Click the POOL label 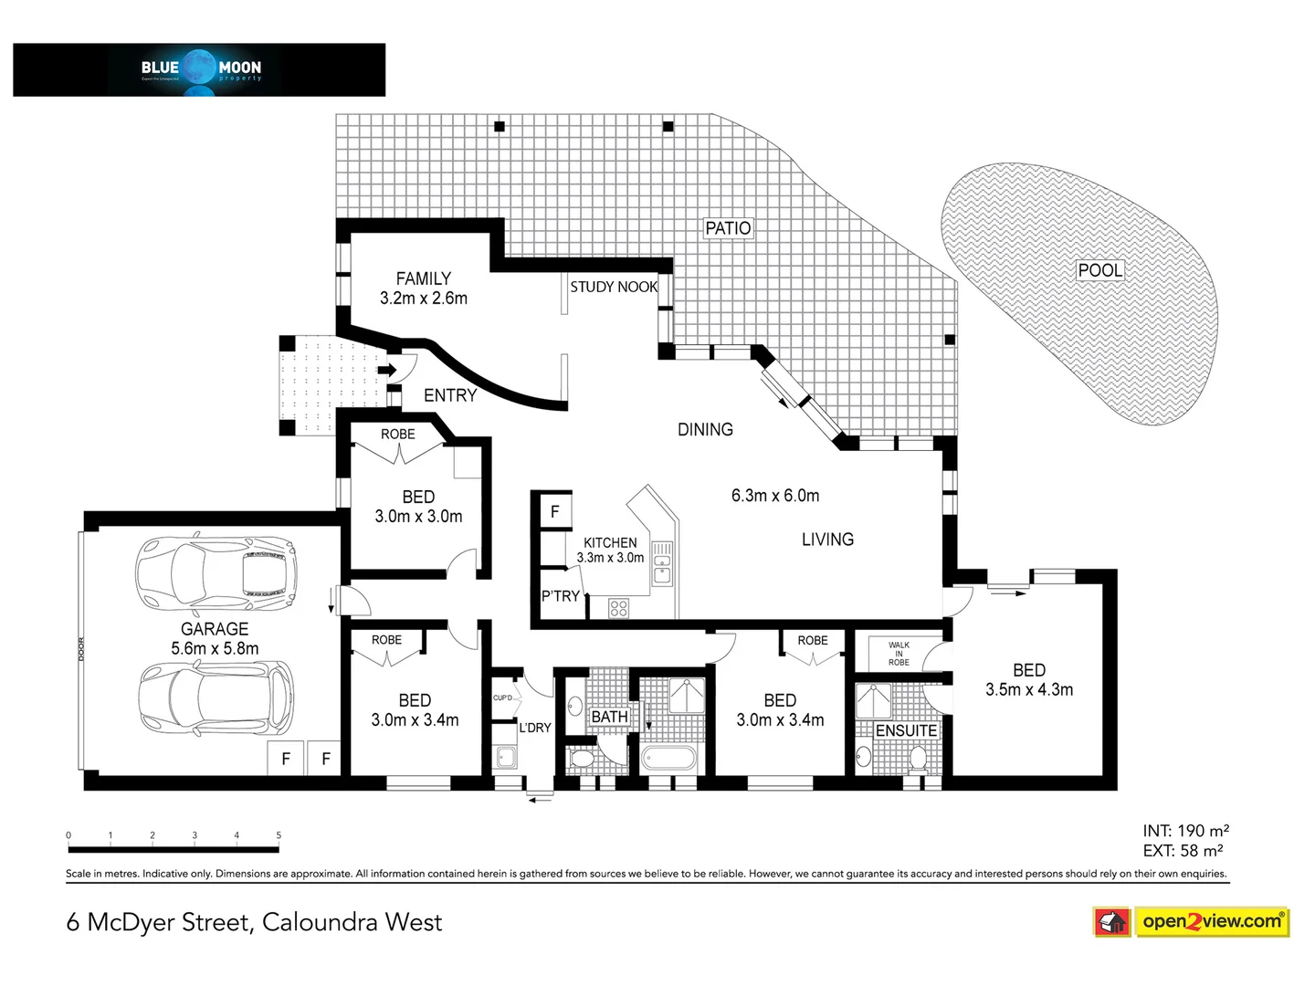[1100, 270]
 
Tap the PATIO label [728, 228]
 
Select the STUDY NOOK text [614, 287]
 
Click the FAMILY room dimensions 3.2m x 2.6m [424, 299]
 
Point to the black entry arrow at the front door [386, 370]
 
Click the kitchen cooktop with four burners [618, 607]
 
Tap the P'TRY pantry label [560, 596]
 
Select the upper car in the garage [216, 575]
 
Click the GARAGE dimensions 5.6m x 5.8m [215, 649]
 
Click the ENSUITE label [906, 730]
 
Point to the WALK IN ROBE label [899, 654]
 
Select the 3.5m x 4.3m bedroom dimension [1029, 690]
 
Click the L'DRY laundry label [535, 728]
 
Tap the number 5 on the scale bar [279, 835]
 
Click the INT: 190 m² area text [1185, 831]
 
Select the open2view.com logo [1191, 921]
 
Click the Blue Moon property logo [199, 69]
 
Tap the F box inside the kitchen [554, 512]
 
